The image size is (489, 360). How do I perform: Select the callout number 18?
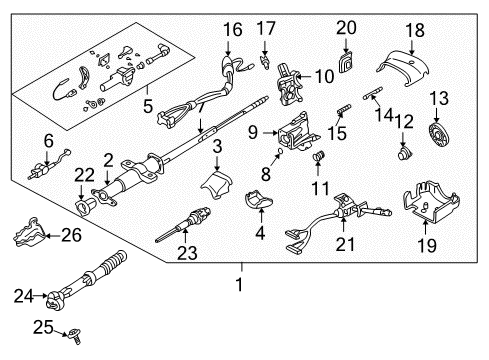click(x=413, y=29)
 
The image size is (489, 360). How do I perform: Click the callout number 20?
click(x=345, y=27)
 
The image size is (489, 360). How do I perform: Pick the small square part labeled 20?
click(x=346, y=61)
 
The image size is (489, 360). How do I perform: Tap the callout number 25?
click(x=39, y=326)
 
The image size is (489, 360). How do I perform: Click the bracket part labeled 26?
click(x=30, y=237)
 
